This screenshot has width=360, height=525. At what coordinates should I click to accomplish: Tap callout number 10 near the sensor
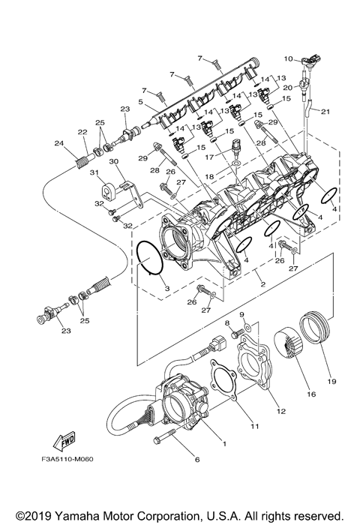(286, 58)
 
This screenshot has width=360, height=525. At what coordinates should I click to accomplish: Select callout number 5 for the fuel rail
(139, 100)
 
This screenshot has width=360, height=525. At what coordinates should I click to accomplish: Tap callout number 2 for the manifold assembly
(261, 285)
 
